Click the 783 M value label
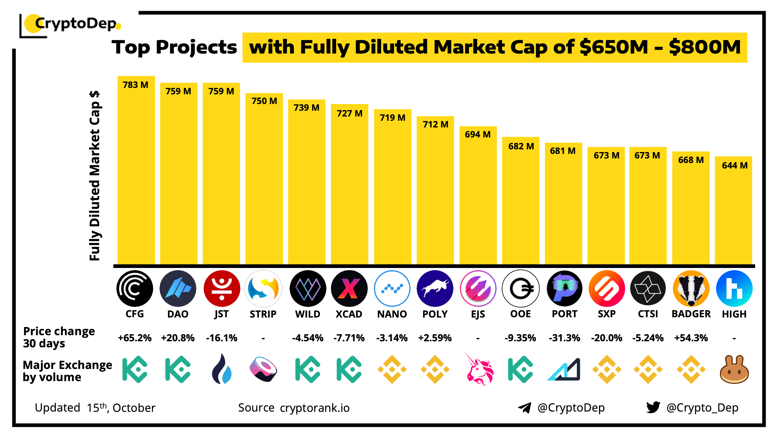[136, 85]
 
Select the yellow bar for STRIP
[264, 182]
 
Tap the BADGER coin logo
[691, 288]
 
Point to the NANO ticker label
[392, 314]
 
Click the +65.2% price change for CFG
[135, 338]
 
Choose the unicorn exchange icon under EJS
[479, 369]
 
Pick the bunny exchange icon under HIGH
[734, 369]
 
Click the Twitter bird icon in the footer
[653, 407]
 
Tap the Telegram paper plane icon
[525, 408]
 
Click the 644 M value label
[735, 165]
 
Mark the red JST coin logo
[222, 288]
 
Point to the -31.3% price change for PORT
[564, 338]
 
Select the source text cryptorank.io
[315, 408]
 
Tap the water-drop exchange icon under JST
[222, 369]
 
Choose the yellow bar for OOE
[521, 204]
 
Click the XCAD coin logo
[349, 288]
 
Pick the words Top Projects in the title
[174, 47]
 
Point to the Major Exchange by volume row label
[67, 371]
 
